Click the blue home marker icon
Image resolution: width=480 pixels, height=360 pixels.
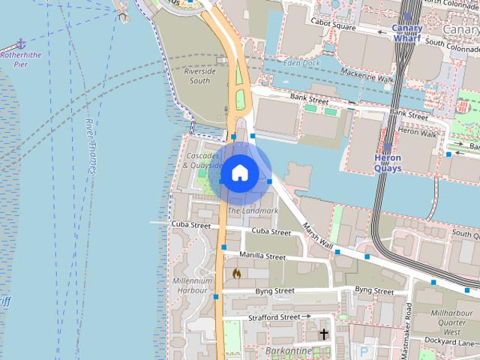(239, 173)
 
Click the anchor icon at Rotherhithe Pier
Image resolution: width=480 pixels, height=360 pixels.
(21, 44)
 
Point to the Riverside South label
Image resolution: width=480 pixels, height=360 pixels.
(199, 76)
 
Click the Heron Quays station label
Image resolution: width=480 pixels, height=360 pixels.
(388, 163)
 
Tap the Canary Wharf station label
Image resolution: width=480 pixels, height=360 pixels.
(407, 34)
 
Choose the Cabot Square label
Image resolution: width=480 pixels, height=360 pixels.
(334, 26)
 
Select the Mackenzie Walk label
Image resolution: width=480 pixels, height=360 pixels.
(367, 76)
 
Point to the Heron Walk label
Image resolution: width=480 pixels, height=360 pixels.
(418, 132)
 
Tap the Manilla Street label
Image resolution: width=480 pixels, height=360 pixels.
(262, 256)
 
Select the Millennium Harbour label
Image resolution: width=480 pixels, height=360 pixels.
(190, 285)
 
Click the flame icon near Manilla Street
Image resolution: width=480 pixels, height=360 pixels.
(236, 274)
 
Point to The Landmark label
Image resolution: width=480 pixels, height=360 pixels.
(253, 211)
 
